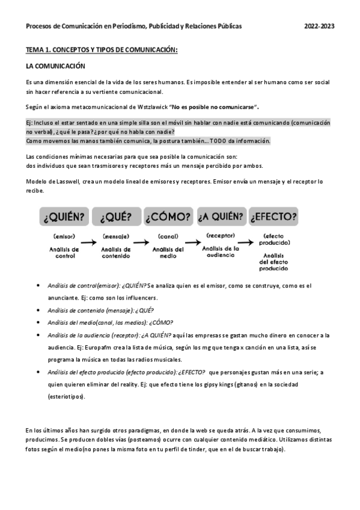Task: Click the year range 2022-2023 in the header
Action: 319,26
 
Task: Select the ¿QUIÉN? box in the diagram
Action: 63,216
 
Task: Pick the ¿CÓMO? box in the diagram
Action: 168,216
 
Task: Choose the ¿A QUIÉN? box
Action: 221,216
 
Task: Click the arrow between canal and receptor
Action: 194,243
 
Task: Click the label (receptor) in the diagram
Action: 220,235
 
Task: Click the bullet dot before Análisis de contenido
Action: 39,311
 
